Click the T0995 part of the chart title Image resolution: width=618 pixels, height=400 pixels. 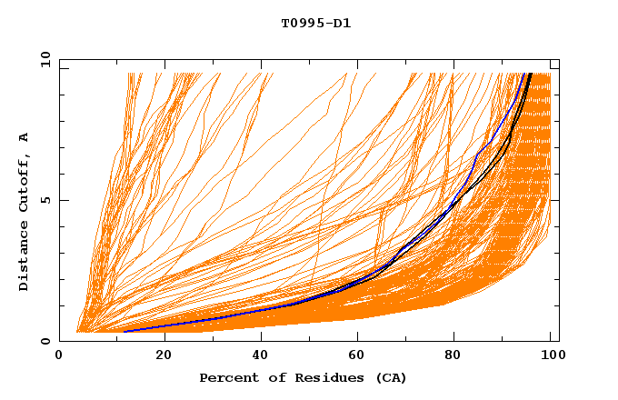point(298,23)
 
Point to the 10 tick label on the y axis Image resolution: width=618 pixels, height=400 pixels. point(45,59)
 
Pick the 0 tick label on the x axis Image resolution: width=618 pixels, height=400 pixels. point(59,355)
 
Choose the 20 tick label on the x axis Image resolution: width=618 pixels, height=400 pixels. point(164,355)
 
